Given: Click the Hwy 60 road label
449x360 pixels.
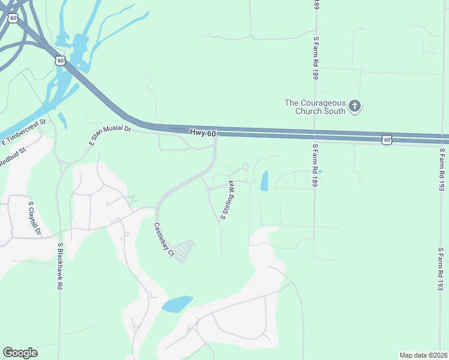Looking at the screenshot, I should (x=202, y=133).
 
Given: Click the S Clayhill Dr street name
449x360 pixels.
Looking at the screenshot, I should (x=34, y=218).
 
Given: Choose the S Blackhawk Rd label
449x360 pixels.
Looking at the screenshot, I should (x=60, y=266).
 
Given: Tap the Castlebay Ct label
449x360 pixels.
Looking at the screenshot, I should (x=163, y=241).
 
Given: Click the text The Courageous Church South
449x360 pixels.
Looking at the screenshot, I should (x=315, y=106).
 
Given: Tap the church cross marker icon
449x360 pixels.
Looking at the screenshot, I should (x=355, y=106).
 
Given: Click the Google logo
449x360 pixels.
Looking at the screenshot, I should (x=20, y=353).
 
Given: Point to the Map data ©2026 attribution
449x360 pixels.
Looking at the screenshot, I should (x=423, y=355).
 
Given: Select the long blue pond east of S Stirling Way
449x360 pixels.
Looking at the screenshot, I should (x=264, y=181).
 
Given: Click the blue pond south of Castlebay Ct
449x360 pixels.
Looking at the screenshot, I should (x=177, y=304).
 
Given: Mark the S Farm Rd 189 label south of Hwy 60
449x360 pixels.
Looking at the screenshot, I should (x=315, y=166).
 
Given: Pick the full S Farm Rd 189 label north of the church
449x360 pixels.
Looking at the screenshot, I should (x=315, y=58).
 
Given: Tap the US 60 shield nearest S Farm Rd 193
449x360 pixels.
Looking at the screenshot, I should (x=387, y=140).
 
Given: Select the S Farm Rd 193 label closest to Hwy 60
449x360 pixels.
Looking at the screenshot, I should (x=441, y=170).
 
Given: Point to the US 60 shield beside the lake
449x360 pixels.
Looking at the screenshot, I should (x=59, y=61).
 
